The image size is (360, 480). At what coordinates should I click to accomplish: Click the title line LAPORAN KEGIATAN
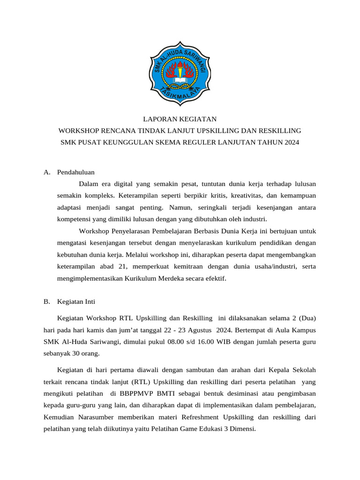(x=180, y=120)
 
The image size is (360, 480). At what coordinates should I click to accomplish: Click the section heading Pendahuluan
(x=76, y=172)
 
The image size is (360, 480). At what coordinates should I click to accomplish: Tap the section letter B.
(x=46, y=301)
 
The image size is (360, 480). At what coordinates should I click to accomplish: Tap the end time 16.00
(x=205, y=342)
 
